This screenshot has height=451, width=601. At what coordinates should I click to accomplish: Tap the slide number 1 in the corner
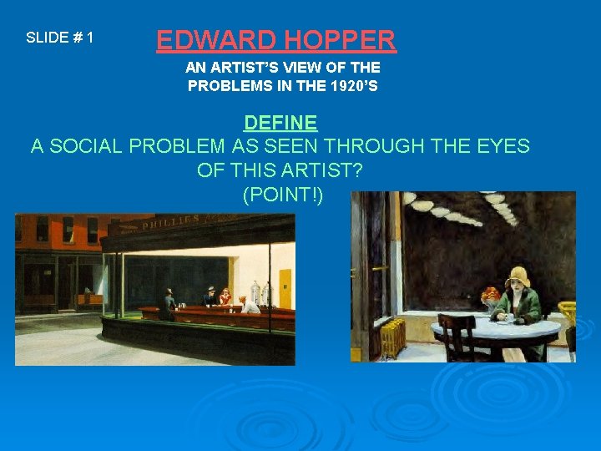click(89, 38)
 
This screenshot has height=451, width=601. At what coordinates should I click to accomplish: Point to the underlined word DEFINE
click(280, 124)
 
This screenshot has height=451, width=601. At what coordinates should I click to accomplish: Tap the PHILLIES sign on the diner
click(171, 223)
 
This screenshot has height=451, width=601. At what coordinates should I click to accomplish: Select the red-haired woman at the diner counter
click(225, 296)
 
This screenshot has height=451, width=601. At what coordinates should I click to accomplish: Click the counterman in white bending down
click(248, 303)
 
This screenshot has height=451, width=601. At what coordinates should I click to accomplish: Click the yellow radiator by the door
click(392, 336)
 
